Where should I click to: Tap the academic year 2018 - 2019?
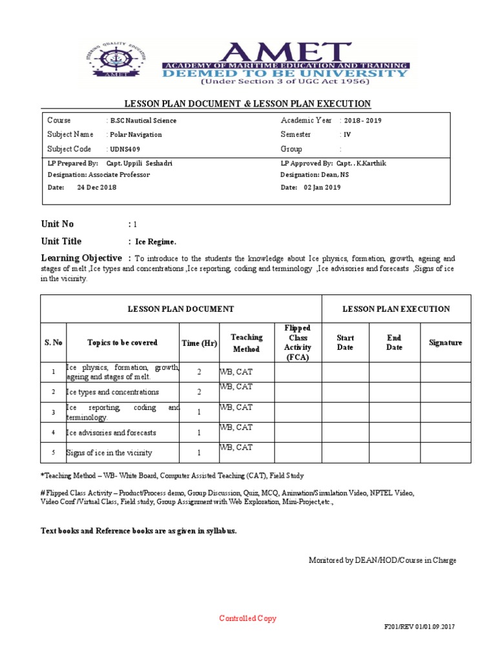(367, 121)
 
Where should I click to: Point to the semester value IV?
(347, 135)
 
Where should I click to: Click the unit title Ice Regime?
(155, 242)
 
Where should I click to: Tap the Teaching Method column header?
(246, 343)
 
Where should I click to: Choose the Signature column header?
(445, 343)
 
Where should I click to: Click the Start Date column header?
(346, 343)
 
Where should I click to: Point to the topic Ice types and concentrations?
(112, 392)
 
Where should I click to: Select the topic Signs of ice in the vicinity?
(109, 453)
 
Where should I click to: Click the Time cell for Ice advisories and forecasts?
(199, 432)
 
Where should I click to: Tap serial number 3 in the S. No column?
(53, 412)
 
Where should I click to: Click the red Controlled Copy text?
(247, 618)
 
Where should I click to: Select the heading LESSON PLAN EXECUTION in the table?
(396, 309)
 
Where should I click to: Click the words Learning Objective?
(81, 258)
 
